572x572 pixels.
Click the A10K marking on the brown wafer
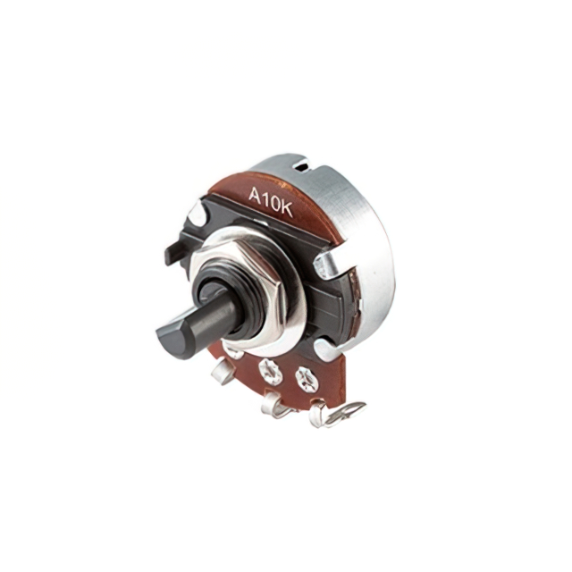[x=271, y=201]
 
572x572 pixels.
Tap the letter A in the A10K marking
[x=255, y=195]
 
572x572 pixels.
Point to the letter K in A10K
[x=286, y=209]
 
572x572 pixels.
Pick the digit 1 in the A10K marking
[x=265, y=198]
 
